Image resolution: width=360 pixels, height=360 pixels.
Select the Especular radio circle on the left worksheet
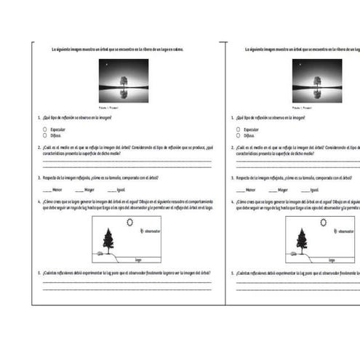(45, 129)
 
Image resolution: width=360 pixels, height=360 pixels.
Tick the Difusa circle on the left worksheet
(45, 135)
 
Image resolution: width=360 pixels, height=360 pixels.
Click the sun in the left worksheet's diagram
(130, 223)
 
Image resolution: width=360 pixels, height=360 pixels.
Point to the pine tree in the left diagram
(108, 239)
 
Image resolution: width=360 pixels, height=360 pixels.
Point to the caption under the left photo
(123, 105)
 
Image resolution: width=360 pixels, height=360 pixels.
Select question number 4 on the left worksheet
(39, 201)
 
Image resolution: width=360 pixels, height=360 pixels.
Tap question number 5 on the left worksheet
(39, 273)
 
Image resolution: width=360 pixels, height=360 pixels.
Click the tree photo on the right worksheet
(316, 80)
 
